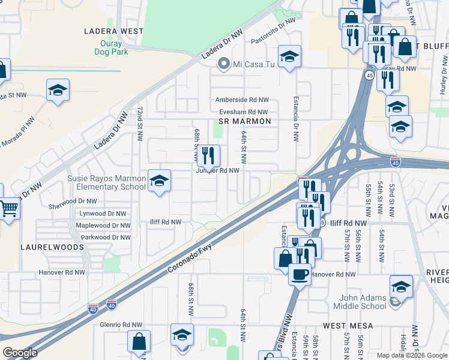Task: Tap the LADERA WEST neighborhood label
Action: tap(114, 31)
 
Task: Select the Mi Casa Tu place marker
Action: tap(224, 64)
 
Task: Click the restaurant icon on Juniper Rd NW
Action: tap(208, 155)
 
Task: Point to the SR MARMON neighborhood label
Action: tap(245, 121)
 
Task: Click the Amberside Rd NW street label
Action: tap(242, 100)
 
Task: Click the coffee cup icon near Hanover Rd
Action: tap(300, 274)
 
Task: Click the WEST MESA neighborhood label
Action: tap(348, 325)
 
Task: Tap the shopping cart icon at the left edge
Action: tap(9, 209)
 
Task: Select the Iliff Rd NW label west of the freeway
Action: tap(165, 222)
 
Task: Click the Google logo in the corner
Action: tap(20, 353)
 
